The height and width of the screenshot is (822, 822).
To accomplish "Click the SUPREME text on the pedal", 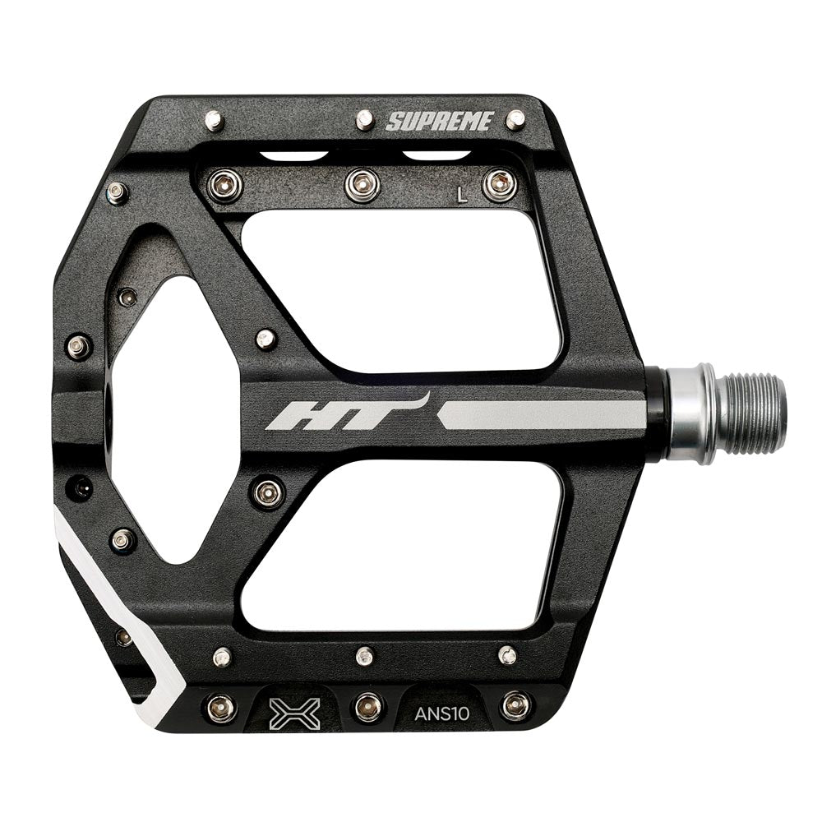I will (x=440, y=122).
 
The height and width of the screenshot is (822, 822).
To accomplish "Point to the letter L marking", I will (x=462, y=195).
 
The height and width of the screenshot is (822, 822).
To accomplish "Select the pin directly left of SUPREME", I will (x=365, y=120).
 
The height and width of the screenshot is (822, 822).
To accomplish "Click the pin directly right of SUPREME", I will (x=515, y=120).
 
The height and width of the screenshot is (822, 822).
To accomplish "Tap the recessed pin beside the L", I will (x=499, y=184).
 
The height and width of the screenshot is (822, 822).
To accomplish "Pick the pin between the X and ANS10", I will (x=367, y=706).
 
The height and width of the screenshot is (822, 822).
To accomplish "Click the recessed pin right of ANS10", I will (x=515, y=704).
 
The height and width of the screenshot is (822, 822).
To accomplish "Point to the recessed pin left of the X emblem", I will (x=220, y=706).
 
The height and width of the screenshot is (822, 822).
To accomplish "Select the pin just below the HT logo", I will (x=268, y=492).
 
